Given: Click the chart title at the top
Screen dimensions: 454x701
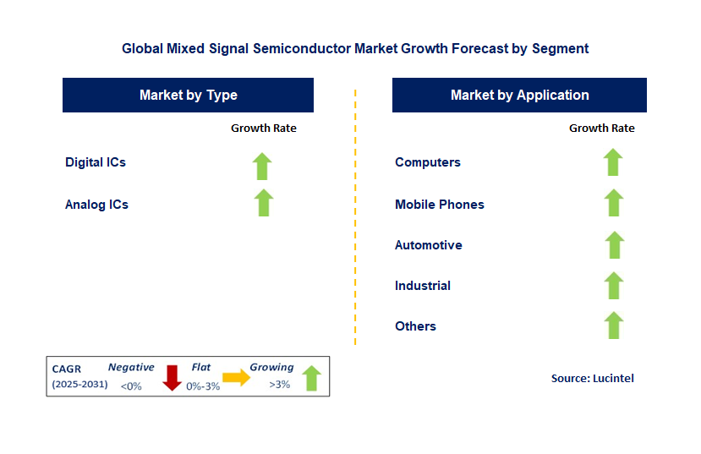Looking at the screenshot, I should tap(355, 48).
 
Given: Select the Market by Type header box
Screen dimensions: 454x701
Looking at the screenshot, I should tap(188, 96).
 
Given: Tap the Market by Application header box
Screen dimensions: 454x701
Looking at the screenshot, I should tap(519, 96).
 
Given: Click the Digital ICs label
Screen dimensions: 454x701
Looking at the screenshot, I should tap(96, 161).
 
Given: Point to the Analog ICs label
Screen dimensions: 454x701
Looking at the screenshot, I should tap(96, 204).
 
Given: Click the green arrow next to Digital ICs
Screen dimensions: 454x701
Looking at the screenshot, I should tap(263, 166).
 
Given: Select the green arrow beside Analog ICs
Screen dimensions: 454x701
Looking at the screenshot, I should tap(264, 202).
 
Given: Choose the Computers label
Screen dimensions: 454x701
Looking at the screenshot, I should tap(428, 161).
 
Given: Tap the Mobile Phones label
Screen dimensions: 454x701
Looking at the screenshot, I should tap(440, 204).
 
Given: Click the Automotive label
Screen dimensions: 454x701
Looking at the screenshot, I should tap(429, 244).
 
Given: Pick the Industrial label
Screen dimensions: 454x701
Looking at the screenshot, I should tap(423, 285).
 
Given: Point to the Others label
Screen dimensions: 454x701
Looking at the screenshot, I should tap(416, 325).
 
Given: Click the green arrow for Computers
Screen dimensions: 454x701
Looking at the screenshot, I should tap(613, 161).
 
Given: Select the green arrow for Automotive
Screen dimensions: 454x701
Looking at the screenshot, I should tap(614, 244).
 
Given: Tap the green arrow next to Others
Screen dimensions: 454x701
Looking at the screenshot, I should tap(614, 325).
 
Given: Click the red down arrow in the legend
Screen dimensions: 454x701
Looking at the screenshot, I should tap(173, 377).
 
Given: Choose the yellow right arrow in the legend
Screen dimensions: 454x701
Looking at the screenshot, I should tap(236, 378).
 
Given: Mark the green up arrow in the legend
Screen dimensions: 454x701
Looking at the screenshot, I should tap(311, 377).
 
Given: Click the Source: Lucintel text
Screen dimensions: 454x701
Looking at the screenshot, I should tap(593, 378).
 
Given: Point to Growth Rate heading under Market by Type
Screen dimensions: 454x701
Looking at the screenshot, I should tap(264, 128).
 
